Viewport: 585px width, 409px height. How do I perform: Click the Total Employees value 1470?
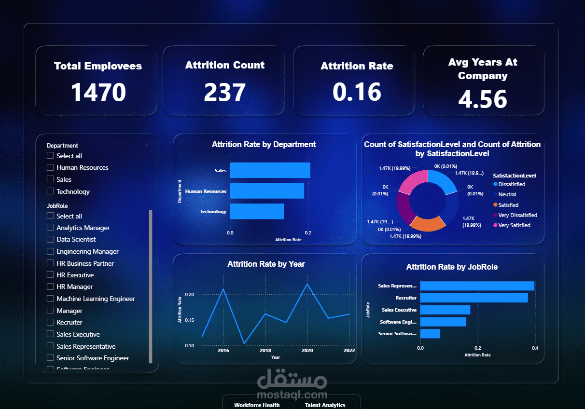coord(98,93)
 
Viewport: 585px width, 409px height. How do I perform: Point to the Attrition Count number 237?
coord(224,93)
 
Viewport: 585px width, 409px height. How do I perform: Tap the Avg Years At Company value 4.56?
coord(482,99)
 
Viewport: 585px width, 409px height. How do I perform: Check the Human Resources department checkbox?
coord(50,167)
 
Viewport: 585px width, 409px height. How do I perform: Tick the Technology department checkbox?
coord(50,191)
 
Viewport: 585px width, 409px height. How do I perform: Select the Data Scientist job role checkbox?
coord(50,239)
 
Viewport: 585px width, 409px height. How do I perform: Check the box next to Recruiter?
coord(50,322)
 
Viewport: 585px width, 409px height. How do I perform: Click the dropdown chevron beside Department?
coord(147,145)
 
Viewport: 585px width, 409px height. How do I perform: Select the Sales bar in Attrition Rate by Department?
coord(270,170)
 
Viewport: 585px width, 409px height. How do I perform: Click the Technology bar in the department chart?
coord(256,211)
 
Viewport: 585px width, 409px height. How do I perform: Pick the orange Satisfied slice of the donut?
coord(427,223)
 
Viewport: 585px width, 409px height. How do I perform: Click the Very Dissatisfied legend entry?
coord(517,215)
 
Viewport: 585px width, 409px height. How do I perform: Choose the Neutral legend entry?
coord(507,194)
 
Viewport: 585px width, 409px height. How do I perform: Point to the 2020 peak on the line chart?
coord(307,284)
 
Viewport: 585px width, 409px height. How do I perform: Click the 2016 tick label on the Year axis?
coord(223,351)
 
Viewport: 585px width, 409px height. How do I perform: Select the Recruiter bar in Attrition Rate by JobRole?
coord(474,298)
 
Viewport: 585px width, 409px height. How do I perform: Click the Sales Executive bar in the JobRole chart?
coord(445,310)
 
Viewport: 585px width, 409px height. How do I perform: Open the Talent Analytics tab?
coord(325,405)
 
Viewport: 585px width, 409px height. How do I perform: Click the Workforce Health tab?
coord(257,405)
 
